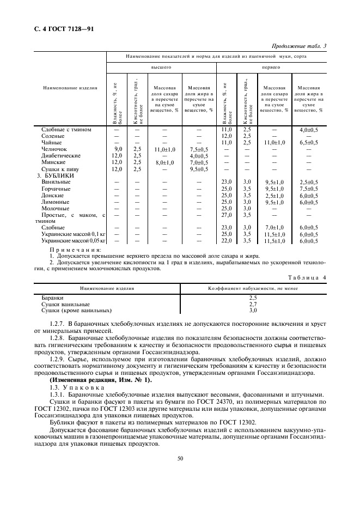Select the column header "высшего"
(162, 67)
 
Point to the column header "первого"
(271, 67)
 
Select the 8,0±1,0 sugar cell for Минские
(164, 162)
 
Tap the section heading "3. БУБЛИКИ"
(58, 175)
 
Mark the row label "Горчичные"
(56, 189)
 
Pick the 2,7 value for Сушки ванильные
(253, 304)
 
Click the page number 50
(180, 458)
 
